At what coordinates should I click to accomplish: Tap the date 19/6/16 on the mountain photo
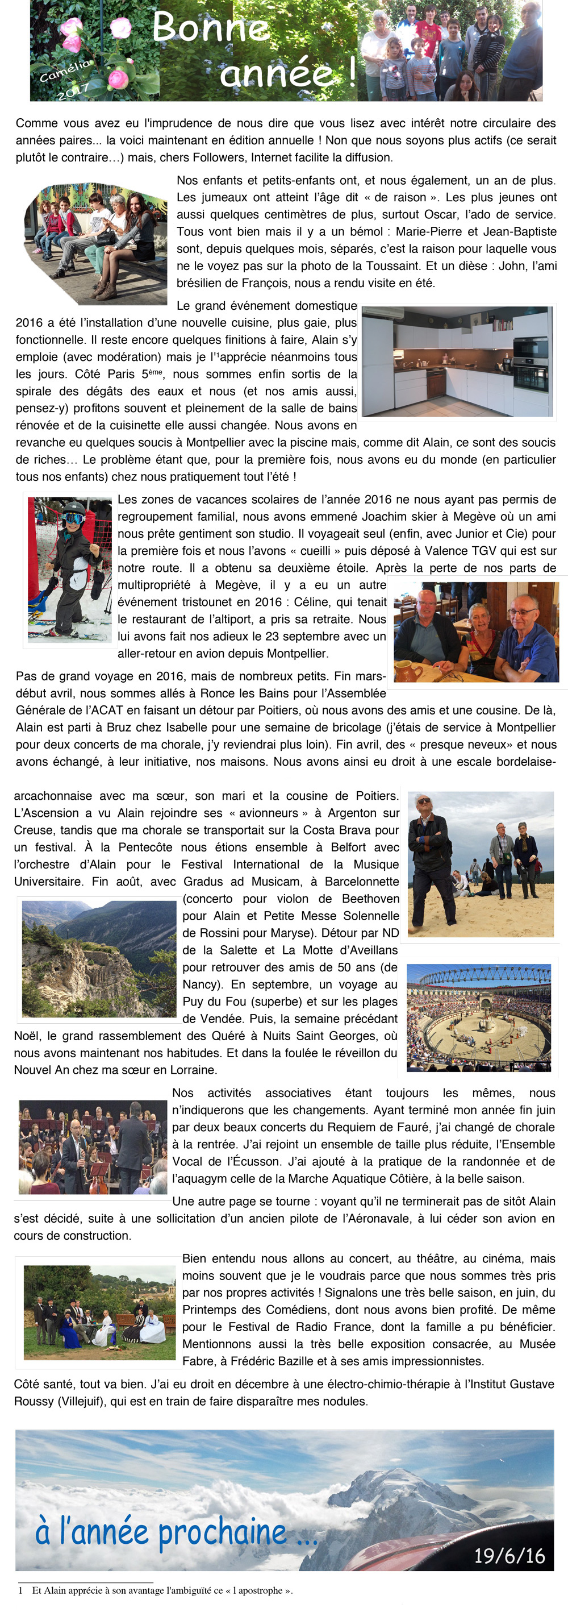click(508, 1555)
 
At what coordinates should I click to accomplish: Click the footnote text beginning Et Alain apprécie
click(162, 1590)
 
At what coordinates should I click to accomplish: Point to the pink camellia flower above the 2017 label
click(117, 79)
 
